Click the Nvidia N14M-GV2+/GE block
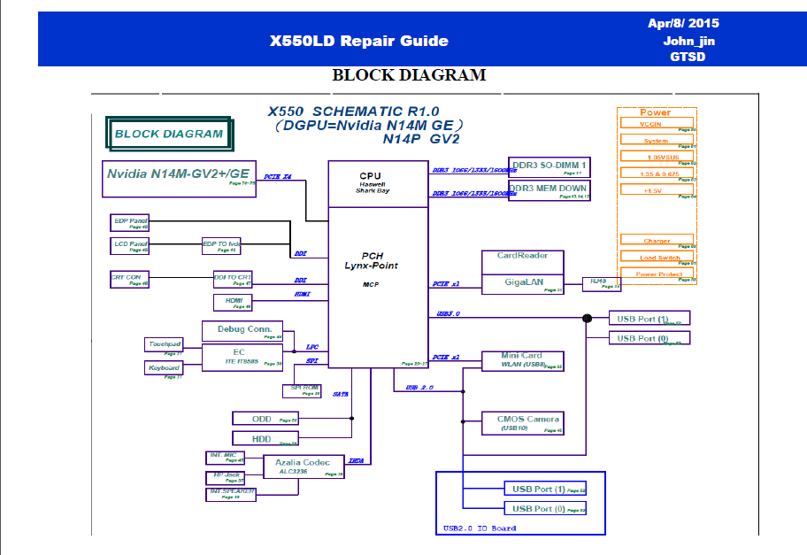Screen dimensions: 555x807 (x=178, y=174)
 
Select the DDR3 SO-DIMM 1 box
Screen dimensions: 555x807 (x=549, y=167)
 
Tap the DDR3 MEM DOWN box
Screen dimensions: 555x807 (x=549, y=190)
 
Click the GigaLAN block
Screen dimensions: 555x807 (x=522, y=284)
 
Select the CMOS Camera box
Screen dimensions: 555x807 (x=522, y=422)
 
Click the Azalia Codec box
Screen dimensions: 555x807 (x=304, y=466)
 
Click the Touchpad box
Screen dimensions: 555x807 (x=164, y=345)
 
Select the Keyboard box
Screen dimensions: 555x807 (x=164, y=367)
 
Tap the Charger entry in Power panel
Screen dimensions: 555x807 (x=657, y=242)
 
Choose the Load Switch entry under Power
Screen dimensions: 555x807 (x=657, y=258)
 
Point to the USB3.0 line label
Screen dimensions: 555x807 (x=449, y=314)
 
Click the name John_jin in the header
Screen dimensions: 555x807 (x=689, y=41)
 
